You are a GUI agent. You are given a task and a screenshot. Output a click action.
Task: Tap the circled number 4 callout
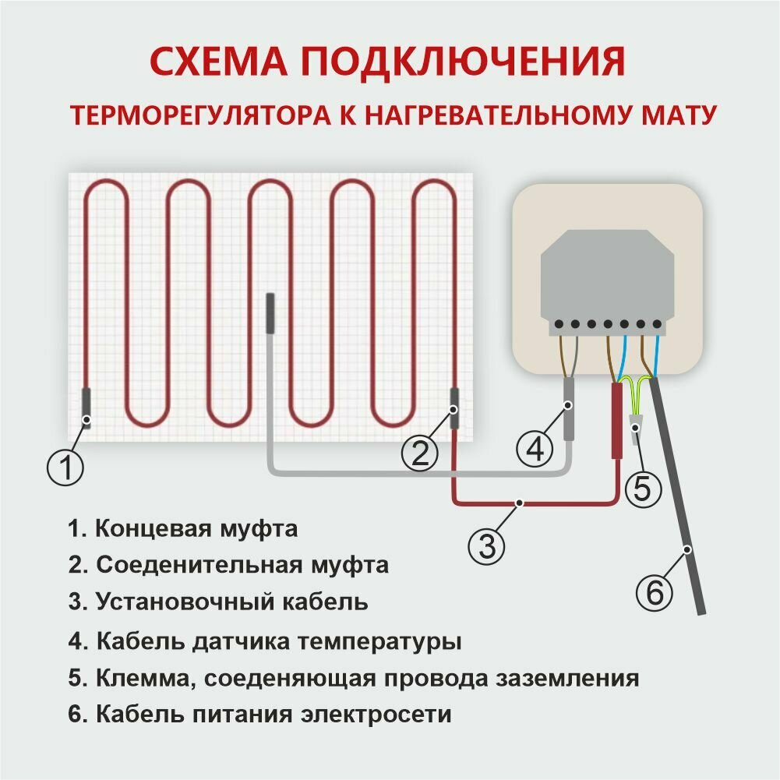tap(534, 448)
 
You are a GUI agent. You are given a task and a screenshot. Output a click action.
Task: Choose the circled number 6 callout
tap(655, 595)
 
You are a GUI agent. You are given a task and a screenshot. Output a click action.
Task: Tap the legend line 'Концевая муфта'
tap(182, 530)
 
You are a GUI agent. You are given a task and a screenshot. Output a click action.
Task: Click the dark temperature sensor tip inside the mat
tap(270, 312)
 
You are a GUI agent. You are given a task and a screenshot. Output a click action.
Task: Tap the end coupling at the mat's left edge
tap(86, 407)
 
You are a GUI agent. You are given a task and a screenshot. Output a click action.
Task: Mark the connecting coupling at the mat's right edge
tap(454, 408)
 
